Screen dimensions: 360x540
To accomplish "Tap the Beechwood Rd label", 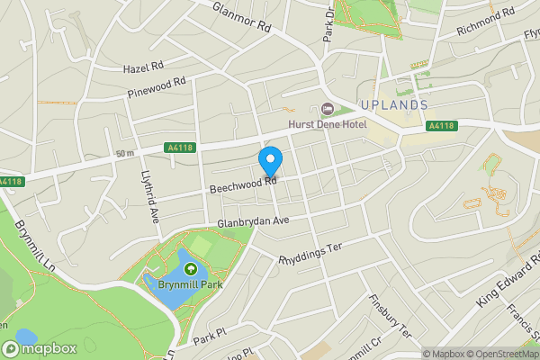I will click(242, 184).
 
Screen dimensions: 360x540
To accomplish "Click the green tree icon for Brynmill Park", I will click(191, 268).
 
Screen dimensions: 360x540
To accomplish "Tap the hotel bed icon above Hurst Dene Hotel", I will click(327, 109).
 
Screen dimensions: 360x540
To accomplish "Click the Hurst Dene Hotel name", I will click(327, 124).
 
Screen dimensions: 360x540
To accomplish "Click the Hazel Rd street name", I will click(144, 67).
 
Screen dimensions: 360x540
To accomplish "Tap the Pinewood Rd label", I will click(157, 86).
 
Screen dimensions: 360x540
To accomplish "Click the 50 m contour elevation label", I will click(125, 153).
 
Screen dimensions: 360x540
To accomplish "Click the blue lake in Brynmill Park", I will click(171, 286).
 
